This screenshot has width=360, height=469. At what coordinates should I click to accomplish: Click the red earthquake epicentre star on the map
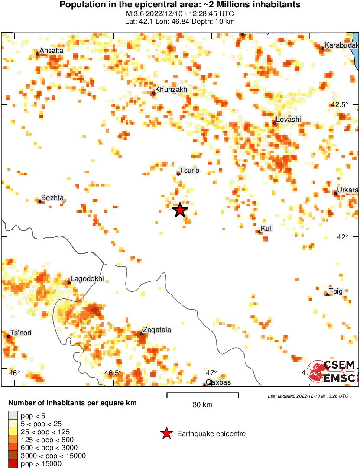pyautogui.click(x=180, y=210)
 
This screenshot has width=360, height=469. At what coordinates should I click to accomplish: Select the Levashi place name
pyautogui.click(x=289, y=120)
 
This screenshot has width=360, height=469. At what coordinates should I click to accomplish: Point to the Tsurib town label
pyautogui.click(x=189, y=171)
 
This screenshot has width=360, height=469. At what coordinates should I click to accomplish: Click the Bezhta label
pyautogui.click(x=52, y=198)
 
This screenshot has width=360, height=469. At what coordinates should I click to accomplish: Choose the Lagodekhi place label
pyautogui.click(x=87, y=279)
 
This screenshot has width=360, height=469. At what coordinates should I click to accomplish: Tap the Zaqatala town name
pyautogui.click(x=157, y=330)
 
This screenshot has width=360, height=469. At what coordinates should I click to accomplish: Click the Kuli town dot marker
pyautogui.click(x=259, y=232)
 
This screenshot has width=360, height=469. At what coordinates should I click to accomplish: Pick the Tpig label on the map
pyautogui.click(x=336, y=291)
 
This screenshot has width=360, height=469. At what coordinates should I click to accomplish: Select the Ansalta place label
pyautogui.click(x=51, y=51)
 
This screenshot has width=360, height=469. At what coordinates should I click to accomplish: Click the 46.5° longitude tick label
pyautogui.click(x=114, y=373)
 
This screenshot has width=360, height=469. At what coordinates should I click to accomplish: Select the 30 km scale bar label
pyautogui.click(x=202, y=405)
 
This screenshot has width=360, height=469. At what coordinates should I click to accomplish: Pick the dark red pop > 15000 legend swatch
pyautogui.click(x=13, y=464)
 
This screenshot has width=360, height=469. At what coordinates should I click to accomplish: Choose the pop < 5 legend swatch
pyautogui.click(x=13, y=416)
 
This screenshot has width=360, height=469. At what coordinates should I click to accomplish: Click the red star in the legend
pyautogui.click(x=166, y=433)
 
